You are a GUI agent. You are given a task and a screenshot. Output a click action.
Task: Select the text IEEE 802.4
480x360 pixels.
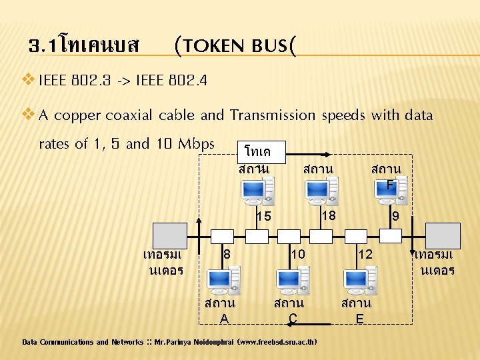(x=171, y=81)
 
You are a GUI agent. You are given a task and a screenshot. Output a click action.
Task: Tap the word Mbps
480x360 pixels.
(x=199, y=143)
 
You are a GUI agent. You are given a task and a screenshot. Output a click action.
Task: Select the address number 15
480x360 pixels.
(x=264, y=216)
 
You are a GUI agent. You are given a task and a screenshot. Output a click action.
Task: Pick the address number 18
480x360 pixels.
(x=327, y=215)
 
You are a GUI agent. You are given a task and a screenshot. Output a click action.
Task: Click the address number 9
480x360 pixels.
(x=396, y=217)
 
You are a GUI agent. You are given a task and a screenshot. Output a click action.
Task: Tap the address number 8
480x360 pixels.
(x=227, y=254)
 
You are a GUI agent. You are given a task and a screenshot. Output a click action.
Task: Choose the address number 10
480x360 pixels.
(x=298, y=254)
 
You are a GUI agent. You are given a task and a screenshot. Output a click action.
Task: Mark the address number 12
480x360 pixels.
(x=365, y=254)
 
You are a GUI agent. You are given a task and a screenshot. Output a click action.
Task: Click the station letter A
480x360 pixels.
(x=225, y=319)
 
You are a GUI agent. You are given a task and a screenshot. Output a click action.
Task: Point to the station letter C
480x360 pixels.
(x=293, y=319)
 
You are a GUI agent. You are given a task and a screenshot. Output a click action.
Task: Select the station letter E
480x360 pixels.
(x=359, y=319)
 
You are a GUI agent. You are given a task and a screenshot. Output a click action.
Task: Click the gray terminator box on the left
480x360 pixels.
(x=169, y=235)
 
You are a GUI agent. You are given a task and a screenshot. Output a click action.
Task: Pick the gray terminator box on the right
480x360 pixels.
(x=443, y=235)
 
